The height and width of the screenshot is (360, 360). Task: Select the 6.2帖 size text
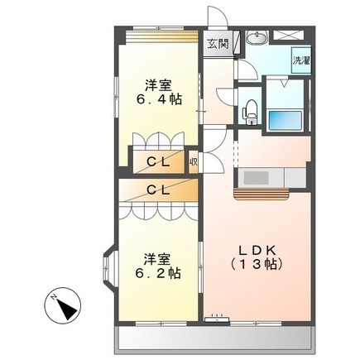(x=155, y=271)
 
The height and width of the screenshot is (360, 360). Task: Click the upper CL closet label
(x=160, y=161)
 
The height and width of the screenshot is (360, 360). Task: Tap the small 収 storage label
(x=193, y=161)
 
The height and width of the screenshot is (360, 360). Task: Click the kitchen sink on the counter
(x=254, y=177)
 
